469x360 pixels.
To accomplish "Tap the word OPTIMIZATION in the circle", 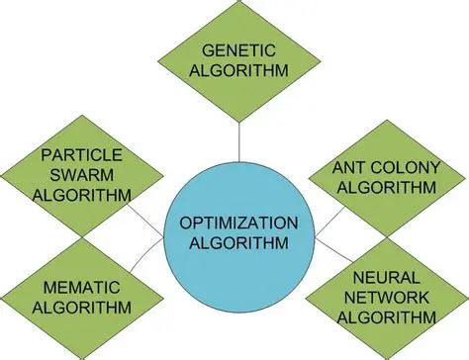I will pyautogui.click(x=236, y=224).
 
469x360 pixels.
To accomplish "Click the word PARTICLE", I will pyautogui.click(x=82, y=155).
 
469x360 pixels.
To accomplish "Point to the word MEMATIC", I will pyautogui.click(x=82, y=287).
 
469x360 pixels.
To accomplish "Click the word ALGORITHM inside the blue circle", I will pyautogui.click(x=236, y=243).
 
